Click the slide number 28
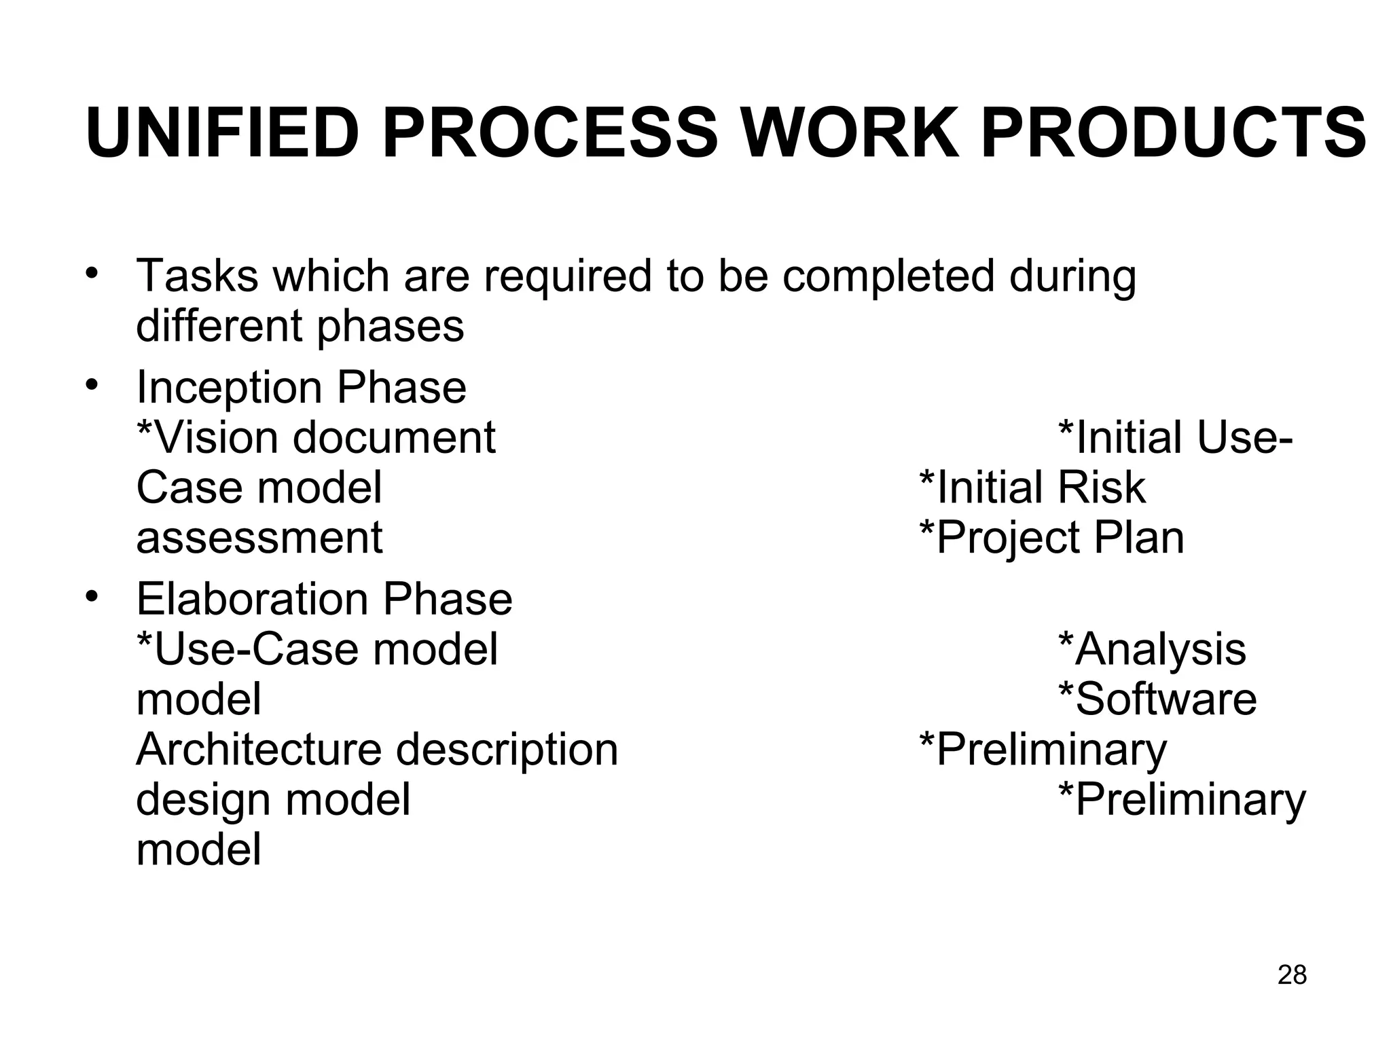(1292, 974)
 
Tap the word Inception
(229, 387)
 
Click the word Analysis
(1153, 649)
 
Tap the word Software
(1158, 699)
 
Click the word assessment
(259, 538)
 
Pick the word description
(507, 750)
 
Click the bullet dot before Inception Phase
(92, 384)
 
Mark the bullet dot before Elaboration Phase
(92, 596)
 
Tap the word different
(219, 326)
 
